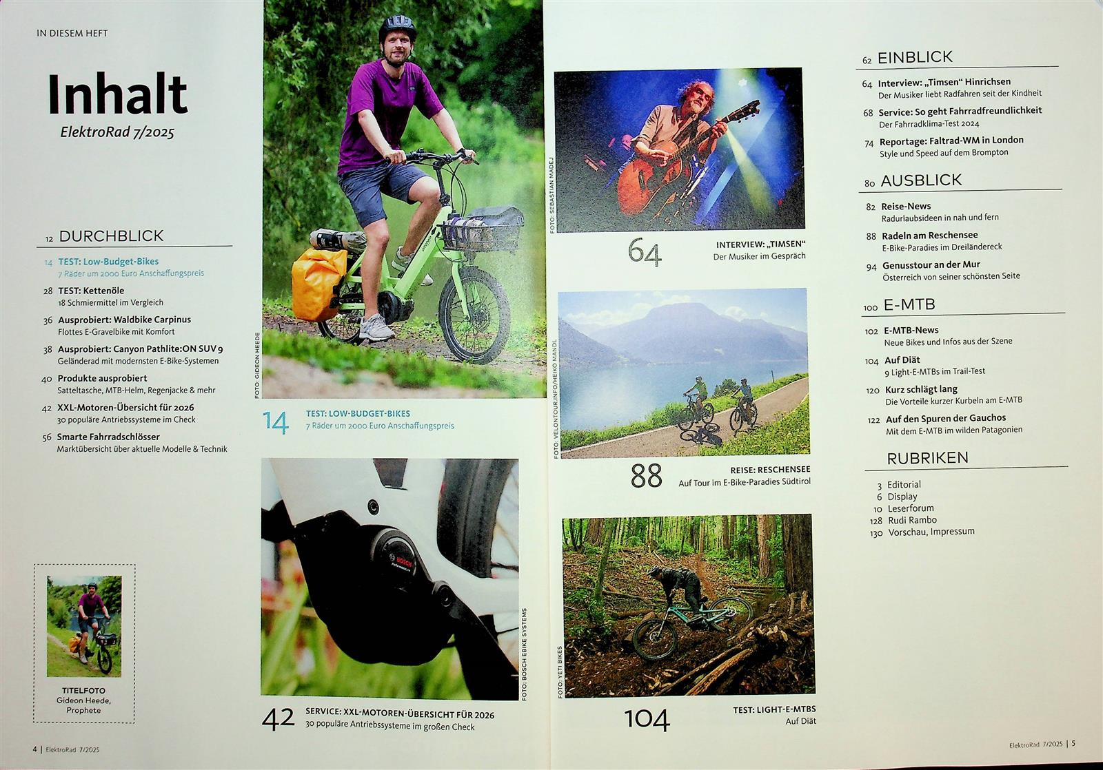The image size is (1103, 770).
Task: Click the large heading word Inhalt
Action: pyautogui.click(x=117, y=94)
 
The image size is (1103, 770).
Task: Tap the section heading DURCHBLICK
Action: pyautogui.click(x=111, y=236)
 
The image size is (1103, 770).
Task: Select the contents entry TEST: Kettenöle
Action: pyautogui.click(x=91, y=291)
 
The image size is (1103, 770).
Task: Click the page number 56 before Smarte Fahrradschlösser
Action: pyautogui.click(x=47, y=437)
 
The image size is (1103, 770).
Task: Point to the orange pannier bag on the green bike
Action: pyautogui.click(x=318, y=284)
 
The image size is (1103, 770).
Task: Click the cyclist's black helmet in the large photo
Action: pyautogui.click(x=397, y=28)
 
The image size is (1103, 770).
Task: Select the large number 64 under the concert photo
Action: pyautogui.click(x=645, y=252)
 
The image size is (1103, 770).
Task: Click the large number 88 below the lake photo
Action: pyautogui.click(x=646, y=476)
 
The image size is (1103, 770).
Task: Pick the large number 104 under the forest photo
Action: pyautogui.click(x=647, y=720)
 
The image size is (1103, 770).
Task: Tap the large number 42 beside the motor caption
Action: pyautogui.click(x=279, y=719)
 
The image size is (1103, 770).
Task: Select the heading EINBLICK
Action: pyautogui.click(x=915, y=57)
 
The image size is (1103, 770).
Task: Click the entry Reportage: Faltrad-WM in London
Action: pyautogui.click(x=951, y=141)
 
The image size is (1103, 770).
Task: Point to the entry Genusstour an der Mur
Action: pyautogui.click(x=931, y=264)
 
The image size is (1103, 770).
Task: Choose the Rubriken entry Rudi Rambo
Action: pyautogui.click(x=913, y=520)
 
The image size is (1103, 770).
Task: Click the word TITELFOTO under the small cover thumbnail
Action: pyautogui.click(x=83, y=690)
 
